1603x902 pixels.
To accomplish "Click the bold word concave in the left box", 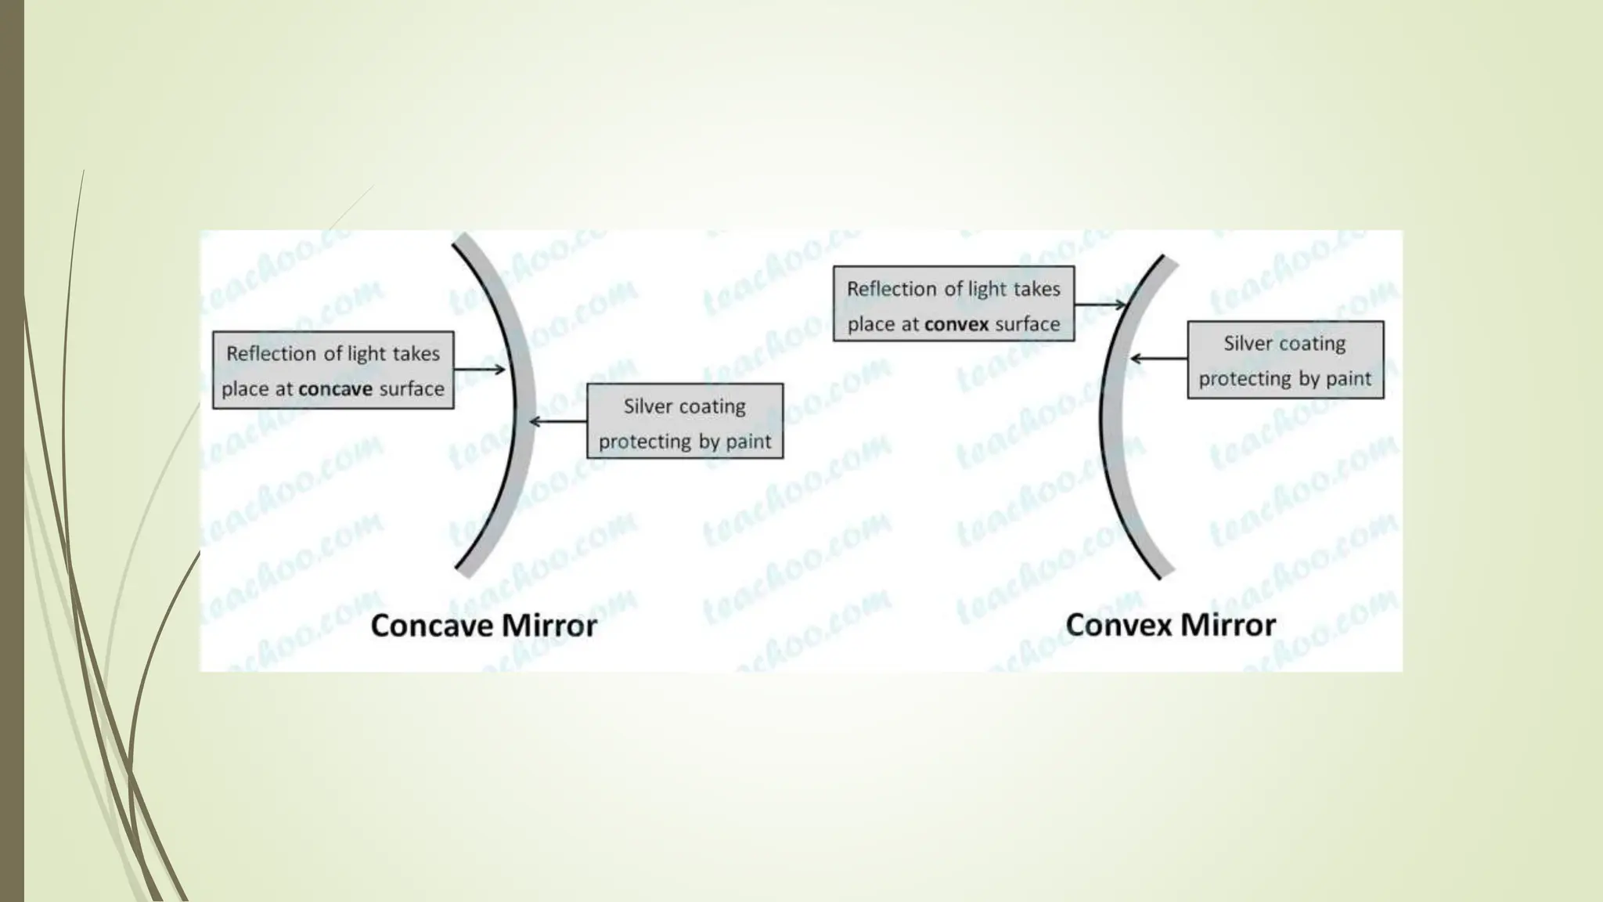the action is click(335, 389).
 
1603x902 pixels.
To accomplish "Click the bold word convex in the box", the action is click(957, 324).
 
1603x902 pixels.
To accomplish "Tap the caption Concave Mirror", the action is click(483, 626).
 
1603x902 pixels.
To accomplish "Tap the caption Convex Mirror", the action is click(1170, 625).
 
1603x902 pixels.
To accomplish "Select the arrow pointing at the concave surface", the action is click(480, 370).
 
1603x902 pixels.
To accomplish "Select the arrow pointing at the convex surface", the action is click(1100, 304).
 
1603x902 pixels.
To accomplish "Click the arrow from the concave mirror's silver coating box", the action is click(558, 422).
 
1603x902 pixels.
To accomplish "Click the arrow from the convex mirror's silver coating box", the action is click(1158, 359).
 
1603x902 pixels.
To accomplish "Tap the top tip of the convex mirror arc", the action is click(1169, 259).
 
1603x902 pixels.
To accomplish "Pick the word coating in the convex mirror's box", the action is click(1312, 343).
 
